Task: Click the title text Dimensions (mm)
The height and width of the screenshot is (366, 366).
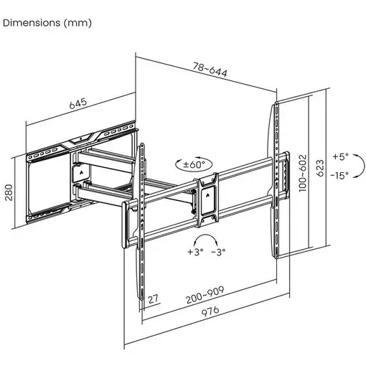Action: point(47,22)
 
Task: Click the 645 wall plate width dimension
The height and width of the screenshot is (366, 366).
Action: point(78,103)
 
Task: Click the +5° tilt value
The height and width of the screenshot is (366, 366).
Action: point(341,156)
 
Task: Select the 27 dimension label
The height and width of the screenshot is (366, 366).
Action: point(152,299)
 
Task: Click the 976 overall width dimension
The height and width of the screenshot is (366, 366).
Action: point(209,311)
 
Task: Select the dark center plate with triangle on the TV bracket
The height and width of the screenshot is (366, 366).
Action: point(208,195)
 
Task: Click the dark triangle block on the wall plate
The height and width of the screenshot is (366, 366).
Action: point(80,173)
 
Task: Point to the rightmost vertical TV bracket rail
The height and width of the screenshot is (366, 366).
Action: point(276,179)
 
